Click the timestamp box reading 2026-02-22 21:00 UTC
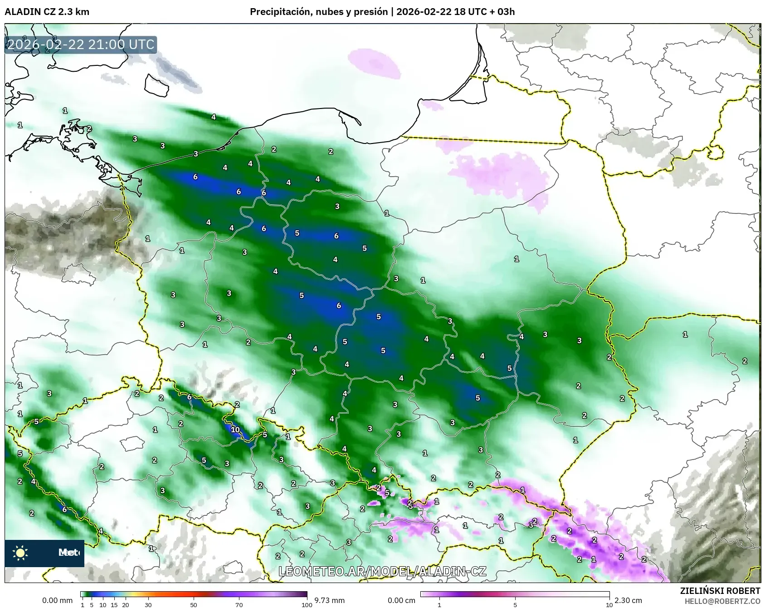click(81, 44)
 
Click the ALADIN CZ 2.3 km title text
click(47, 12)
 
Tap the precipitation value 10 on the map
click(235, 429)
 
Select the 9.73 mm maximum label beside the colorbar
click(330, 600)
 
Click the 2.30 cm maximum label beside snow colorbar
click(628, 600)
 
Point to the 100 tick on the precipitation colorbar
click(307, 604)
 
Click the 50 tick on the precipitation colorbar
click(194, 604)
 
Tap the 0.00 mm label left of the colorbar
click(57, 600)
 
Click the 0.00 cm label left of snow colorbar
click(402, 600)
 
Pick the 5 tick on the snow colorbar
click(515, 604)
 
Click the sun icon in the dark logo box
click(20, 553)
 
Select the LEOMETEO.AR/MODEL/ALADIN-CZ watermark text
click(382, 571)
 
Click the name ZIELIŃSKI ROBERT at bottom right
click(720, 591)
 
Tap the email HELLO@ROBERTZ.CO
click(722, 601)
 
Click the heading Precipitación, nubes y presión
click(319, 12)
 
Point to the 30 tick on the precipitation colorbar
click(148, 604)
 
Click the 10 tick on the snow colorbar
click(609, 604)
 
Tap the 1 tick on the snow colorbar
click(439, 604)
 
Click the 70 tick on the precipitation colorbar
click(239, 604)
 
